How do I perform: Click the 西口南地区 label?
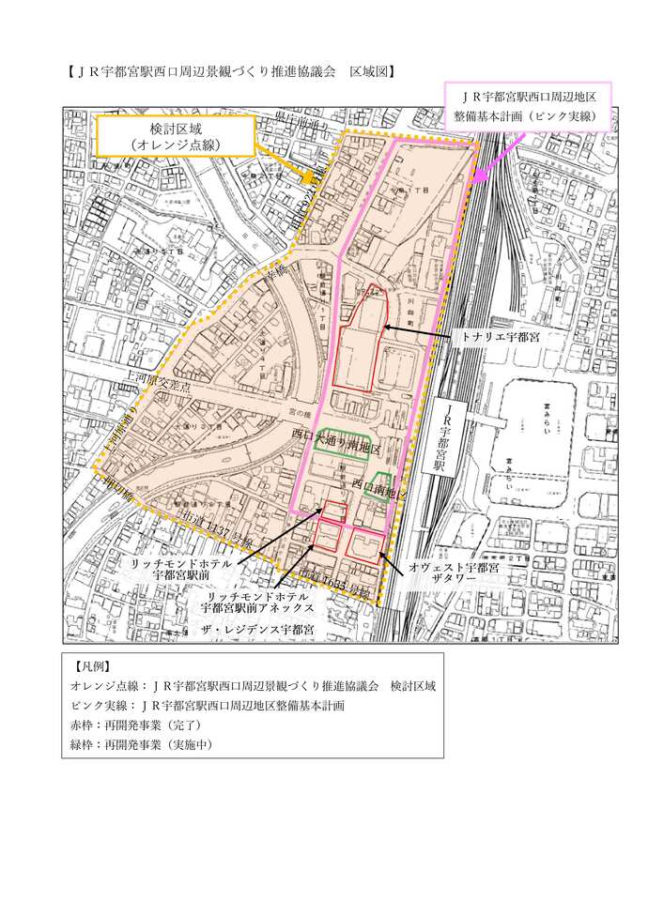[380, 483]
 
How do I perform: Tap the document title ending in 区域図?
[230, 70]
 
